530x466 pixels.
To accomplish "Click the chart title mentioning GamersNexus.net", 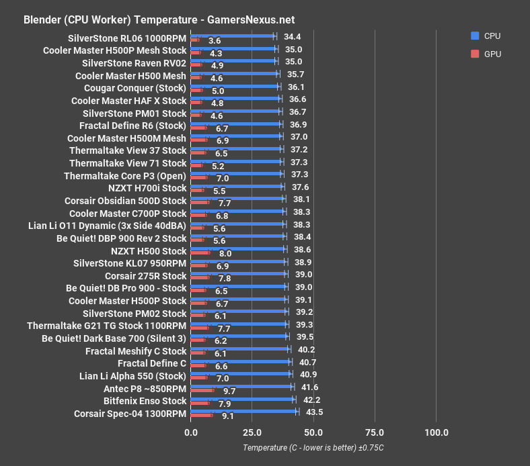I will point(159,20).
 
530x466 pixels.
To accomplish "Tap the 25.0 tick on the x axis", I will point(252,432).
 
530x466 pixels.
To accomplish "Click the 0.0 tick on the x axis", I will point(191,432).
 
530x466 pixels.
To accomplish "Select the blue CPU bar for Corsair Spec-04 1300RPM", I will point(244,410).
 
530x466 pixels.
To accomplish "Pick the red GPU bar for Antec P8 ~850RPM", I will point(202,390).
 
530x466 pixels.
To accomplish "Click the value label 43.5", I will point(314,412).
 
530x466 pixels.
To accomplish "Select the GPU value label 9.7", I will point(229,390).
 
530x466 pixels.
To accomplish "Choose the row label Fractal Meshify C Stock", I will point(136,351).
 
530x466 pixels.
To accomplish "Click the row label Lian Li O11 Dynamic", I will point(108,226).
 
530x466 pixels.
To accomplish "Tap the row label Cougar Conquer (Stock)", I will point(135,88).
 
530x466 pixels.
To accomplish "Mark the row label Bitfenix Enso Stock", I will point(145,402).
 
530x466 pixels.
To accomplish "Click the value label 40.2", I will point(306,349).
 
